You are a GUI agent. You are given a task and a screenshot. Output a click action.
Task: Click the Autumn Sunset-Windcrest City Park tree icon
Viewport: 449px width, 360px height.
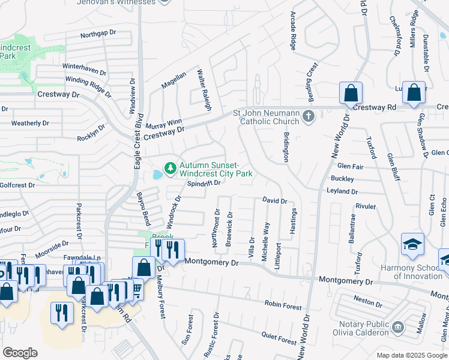pyautogui.click(x=171, y=166)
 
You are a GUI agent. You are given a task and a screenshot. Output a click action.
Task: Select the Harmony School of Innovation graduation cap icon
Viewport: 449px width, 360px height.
pyautogui.click(x=413, y=244)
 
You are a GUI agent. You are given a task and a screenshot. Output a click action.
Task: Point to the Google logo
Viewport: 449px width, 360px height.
pyautogui.click(x=20, y=352)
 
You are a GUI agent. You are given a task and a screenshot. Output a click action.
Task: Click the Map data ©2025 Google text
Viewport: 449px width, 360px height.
pyautogui.click(x=411, y=355)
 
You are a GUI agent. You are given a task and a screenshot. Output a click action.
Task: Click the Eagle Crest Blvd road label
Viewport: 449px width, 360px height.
pyautogui.click(x=137, y=140)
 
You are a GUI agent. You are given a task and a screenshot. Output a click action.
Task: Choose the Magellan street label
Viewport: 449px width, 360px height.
pyautogui.click(x=173, y=80)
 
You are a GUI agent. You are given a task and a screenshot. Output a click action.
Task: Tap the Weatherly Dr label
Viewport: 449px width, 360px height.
pyautogui.click(x=30, y=123)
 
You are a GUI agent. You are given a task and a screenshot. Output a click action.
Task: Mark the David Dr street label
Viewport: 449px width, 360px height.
pyautogui.click(x=274, y=201)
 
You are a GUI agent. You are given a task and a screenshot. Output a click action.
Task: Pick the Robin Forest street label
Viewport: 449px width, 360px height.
pyautogui.click(x=283, y=305)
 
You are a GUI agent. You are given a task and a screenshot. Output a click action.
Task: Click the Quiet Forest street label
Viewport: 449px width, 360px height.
pyautogui.click(x=279, y=338)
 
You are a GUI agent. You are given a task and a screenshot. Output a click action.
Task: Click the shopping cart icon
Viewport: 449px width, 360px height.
pyautogui.click(x=136, y=290)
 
